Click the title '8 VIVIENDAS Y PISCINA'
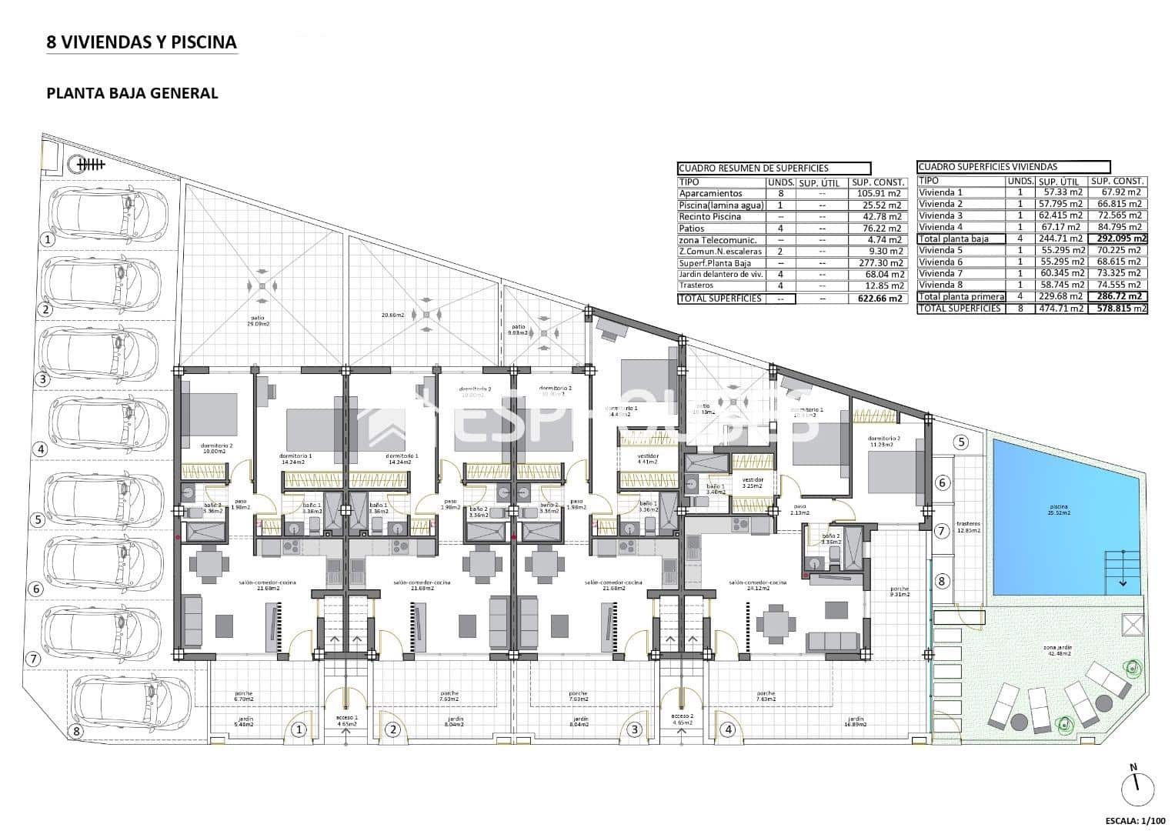click(x=142, y=42)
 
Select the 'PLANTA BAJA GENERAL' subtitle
click(x=132, y=93)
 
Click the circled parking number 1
click(x=48, y=239)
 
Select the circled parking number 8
click(x=76, y=731)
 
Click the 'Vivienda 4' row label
click(x=940, y=227)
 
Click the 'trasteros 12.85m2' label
click(x=967, y=527)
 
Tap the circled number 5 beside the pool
click(x=960, y=442)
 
